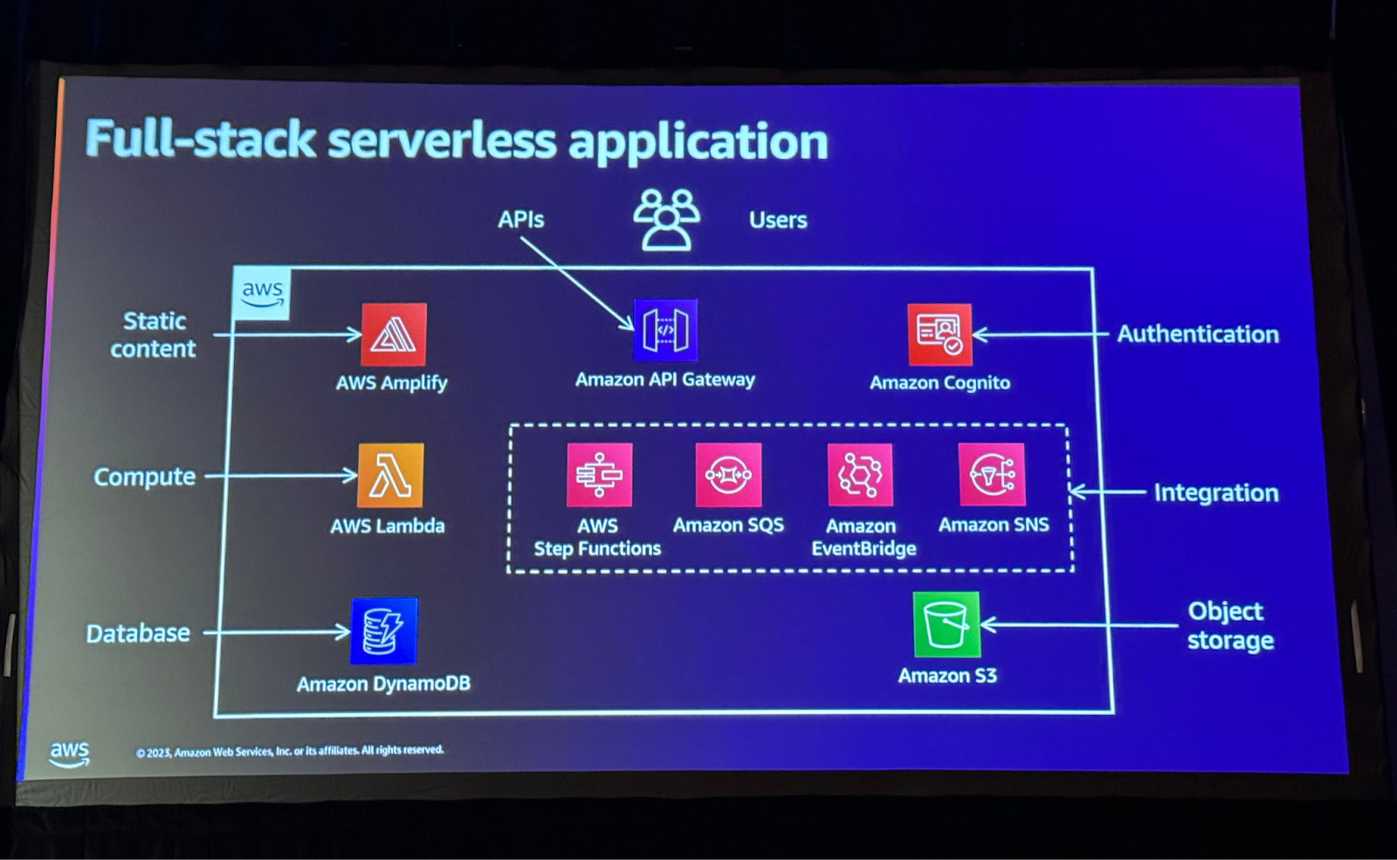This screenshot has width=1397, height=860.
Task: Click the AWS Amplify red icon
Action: (x=394, y=334)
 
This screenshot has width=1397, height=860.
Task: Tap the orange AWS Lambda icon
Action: (x=390, y=476)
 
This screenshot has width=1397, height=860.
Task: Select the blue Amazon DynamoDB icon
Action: (x=383, y=631)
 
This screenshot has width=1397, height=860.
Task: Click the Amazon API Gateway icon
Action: (x=665, y=330)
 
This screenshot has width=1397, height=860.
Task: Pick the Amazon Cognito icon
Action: (x=939, y=334)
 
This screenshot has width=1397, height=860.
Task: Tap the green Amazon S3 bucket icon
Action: (x=946, y=625)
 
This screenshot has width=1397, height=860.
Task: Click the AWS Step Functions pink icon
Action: (x=599, y=475)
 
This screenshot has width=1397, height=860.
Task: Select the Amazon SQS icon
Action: (x=728, y=475)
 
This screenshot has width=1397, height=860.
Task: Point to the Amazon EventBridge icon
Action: (x=860, y=475)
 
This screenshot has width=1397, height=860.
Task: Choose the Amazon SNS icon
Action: (x=992, y=475)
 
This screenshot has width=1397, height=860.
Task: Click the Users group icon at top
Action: (x=666, y=220)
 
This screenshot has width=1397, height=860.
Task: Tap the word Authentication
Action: (x=1198, y=334)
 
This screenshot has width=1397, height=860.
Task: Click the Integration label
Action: (x=1215, y=493)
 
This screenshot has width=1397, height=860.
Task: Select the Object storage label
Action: (x=1228, y=626)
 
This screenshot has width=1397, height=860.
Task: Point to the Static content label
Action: (x=154, y=335)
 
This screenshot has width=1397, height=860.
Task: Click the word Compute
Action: (x=145, y=478)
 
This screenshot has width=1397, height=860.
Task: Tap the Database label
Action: (x=138, y=634)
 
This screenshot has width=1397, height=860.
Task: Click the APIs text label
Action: (x=520, y=220)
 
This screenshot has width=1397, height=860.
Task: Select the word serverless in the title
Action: (x=442, y=141)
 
